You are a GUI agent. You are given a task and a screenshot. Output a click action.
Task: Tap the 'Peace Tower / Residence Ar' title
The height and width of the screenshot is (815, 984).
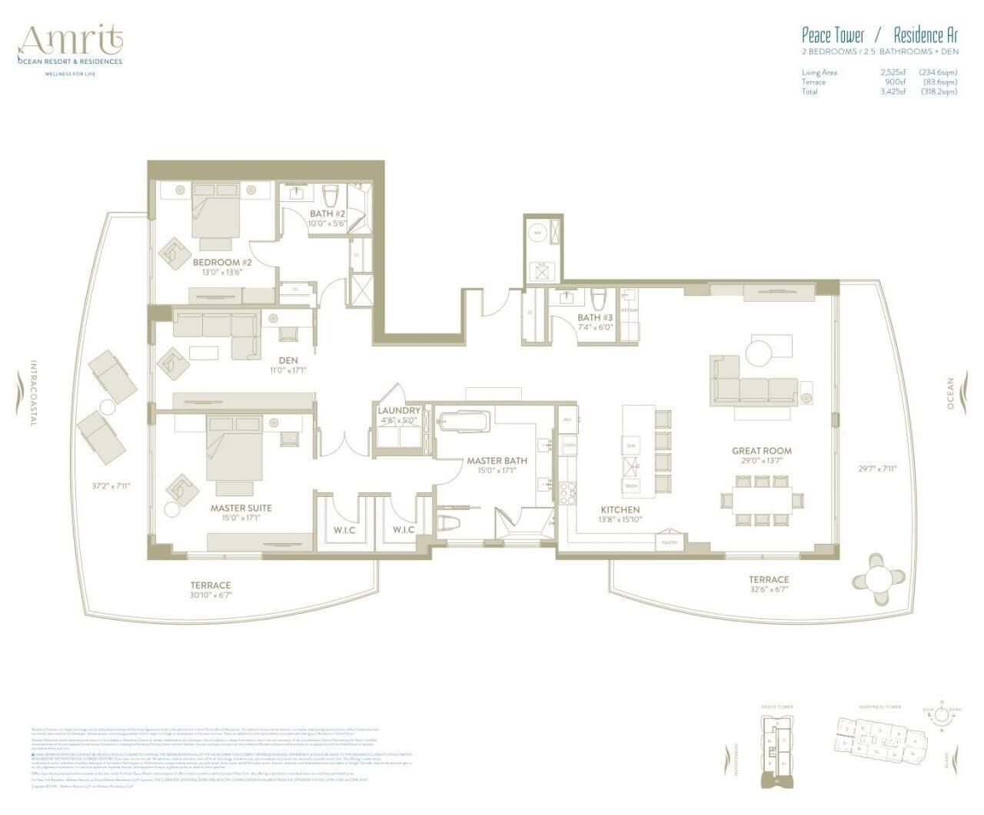[x=879, y=35]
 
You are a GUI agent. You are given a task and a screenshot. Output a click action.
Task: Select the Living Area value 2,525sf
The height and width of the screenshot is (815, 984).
[x=893, y=72]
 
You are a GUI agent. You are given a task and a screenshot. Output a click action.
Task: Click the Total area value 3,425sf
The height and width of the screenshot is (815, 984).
[x=893, y=91]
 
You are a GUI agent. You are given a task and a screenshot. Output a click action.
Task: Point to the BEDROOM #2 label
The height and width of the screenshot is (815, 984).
[x=222, y=262]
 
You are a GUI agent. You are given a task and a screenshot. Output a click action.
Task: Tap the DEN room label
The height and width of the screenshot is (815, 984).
[x=288, y=360]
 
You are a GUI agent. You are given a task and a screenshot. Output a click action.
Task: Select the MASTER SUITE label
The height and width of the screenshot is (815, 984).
[x=241, y=508]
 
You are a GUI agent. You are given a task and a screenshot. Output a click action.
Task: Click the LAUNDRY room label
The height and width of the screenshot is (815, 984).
[x=399, y=411]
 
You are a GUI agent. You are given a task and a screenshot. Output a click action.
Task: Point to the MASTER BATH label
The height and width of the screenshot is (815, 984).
[x=497, y=461]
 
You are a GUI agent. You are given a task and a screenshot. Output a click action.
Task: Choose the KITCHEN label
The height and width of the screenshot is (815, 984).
[x=620, y=509]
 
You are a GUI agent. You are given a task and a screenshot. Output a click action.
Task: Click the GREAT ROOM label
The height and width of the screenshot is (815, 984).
[x=761, y=451]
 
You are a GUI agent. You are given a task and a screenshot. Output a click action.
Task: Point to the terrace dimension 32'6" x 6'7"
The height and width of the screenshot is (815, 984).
[x=769, y=591]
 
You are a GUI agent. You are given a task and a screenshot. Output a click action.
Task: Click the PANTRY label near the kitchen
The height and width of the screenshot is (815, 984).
[x=668, y=543]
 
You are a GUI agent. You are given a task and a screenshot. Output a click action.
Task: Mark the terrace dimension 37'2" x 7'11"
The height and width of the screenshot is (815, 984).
[x=107, y=485]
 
